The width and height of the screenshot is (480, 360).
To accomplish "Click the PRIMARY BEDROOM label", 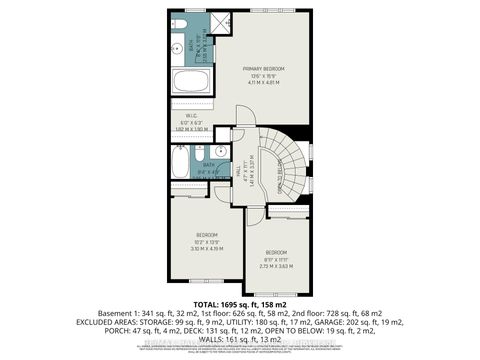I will click(265, 68).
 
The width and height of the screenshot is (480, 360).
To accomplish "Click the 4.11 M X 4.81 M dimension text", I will click(265, 83).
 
